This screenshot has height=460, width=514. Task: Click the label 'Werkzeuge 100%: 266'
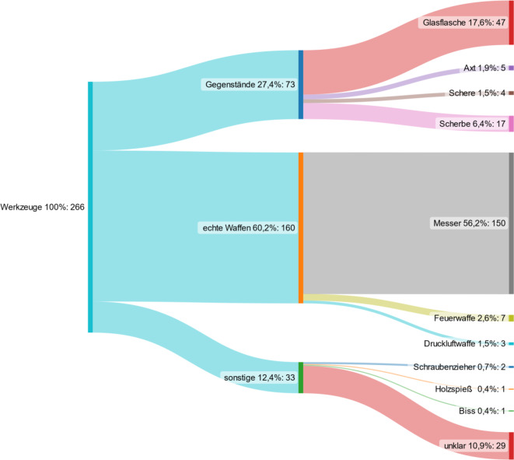44,207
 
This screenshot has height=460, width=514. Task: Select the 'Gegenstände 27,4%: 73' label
249,84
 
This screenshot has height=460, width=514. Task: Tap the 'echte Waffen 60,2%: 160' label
248,227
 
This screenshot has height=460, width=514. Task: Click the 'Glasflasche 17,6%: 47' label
463,23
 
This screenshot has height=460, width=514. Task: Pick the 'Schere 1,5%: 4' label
477,93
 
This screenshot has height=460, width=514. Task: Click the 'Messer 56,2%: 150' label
469,223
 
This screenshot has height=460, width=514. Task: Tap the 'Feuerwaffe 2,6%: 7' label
469,318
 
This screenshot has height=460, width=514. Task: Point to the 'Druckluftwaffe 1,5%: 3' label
464,343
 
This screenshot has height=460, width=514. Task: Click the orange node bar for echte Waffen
300,227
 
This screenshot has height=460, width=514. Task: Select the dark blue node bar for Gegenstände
300,84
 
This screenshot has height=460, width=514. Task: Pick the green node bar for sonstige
300,377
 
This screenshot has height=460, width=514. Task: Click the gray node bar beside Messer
511,223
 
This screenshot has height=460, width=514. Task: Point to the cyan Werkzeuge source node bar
90,207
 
